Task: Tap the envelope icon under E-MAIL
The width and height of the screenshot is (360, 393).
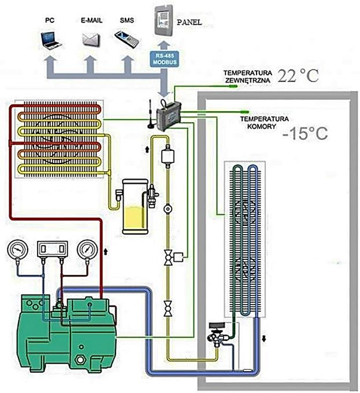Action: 91,39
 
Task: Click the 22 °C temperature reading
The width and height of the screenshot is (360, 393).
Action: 298,76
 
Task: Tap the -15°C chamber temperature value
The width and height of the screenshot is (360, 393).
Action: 305,134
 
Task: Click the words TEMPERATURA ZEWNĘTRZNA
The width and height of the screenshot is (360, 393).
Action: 247,77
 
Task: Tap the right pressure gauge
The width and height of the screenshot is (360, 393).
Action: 88,250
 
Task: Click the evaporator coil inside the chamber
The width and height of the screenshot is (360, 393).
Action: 244,237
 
